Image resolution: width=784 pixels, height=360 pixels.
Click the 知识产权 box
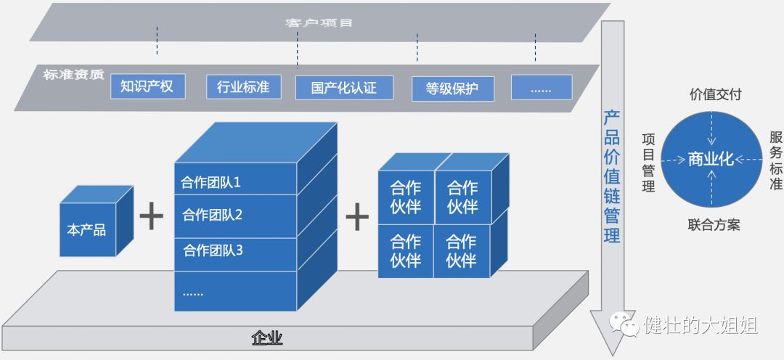tap(147, 86)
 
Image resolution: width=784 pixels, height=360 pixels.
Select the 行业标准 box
tap(242, 87)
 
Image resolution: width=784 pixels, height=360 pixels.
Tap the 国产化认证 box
tap(343, 88)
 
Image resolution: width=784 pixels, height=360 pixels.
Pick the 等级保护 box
tap(453, 89)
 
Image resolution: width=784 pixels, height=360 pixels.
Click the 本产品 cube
tap(87, 230)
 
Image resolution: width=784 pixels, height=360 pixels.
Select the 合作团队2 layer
tap(213, 216)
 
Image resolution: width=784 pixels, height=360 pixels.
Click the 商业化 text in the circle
tap(711, 160)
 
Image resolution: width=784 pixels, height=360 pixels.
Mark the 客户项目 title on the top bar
tap(319, 23)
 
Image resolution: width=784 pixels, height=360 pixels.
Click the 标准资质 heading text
tap(73, 74)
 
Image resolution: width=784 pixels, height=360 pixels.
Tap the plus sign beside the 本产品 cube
tap(151, 216)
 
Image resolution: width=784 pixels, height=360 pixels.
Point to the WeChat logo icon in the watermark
tap(625, 326)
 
